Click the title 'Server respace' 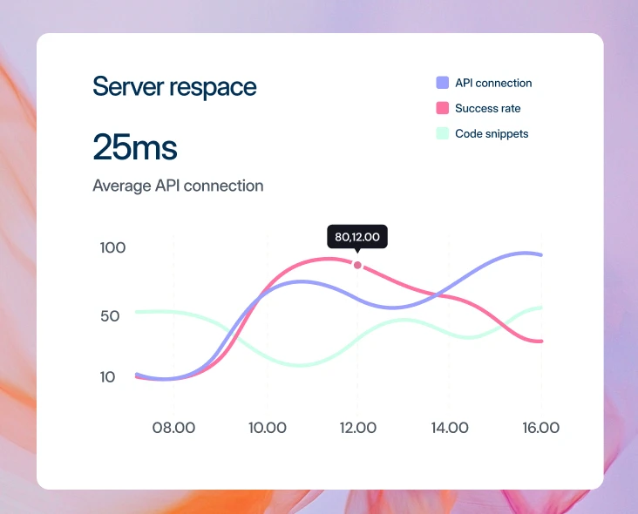174,86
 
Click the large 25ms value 135,147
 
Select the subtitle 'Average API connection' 178,186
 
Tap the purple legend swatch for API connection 442,83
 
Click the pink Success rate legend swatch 442,108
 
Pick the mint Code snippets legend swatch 442,133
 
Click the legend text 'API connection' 493,83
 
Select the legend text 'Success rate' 488,108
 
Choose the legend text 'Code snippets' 492,134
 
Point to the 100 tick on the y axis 112,247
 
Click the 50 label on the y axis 110,316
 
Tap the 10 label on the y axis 108,377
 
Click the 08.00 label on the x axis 173,428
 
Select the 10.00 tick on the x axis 268,428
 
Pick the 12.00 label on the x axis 358,428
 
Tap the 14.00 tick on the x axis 450,428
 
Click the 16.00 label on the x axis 540,428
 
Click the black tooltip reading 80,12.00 357,237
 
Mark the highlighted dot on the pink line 357,265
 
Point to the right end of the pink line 541,342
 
